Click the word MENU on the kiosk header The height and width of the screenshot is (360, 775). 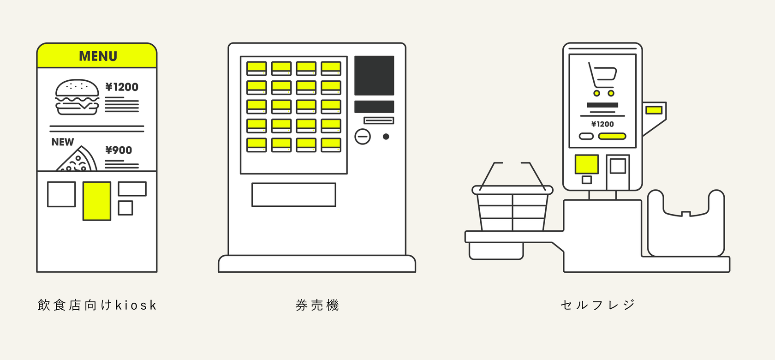tap(98, 56)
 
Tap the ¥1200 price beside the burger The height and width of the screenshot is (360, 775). tap(122, 87)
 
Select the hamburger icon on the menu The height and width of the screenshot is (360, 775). tap(77, 97)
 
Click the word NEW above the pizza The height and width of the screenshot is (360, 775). tap(63, 142)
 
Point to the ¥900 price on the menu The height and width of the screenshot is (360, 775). tap(119, 150)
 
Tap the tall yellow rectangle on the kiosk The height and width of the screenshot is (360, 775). tap(97, 201)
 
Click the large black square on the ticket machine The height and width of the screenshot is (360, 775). tap(374, 76)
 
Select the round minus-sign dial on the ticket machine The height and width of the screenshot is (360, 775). tap(363, 137)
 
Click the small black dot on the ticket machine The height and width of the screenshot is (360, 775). tap(386, 137)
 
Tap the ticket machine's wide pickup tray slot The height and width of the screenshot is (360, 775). tap(293, 195)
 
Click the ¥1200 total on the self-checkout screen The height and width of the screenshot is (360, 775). tap(602, 124)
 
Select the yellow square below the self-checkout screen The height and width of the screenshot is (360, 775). tap(586, 164)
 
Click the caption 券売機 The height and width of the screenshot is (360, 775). tap(317, 306)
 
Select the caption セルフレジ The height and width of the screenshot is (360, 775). tap(598, 305)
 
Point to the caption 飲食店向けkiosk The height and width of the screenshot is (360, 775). tap(97, 306)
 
